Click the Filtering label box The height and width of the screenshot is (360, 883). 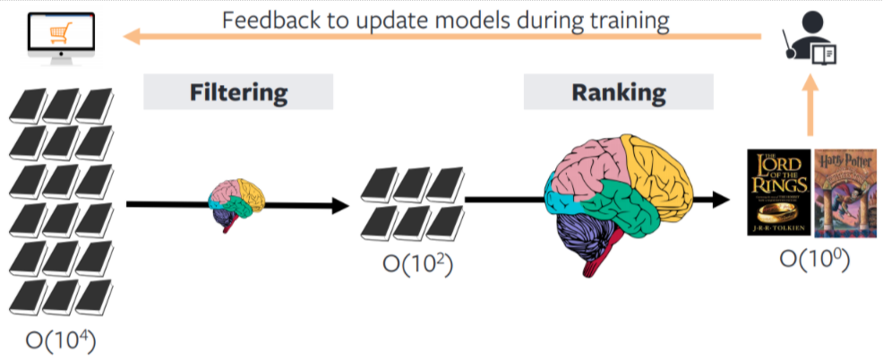tap(237, 91)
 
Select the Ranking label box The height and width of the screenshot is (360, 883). tap(618, 91)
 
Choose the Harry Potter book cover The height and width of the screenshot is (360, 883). tap(844, 193)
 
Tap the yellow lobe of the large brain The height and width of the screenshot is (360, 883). tap(659, 166)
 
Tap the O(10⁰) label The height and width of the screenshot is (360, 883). tap(813, 260)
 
